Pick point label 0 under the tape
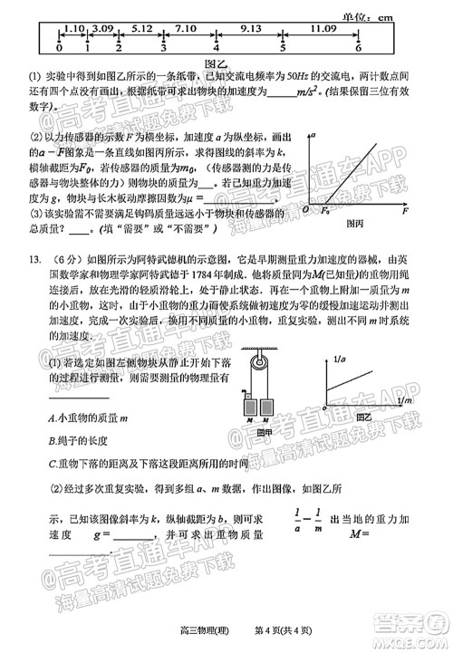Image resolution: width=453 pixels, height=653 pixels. coord(60,47)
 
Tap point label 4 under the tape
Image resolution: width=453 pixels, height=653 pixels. coord(216,47)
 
